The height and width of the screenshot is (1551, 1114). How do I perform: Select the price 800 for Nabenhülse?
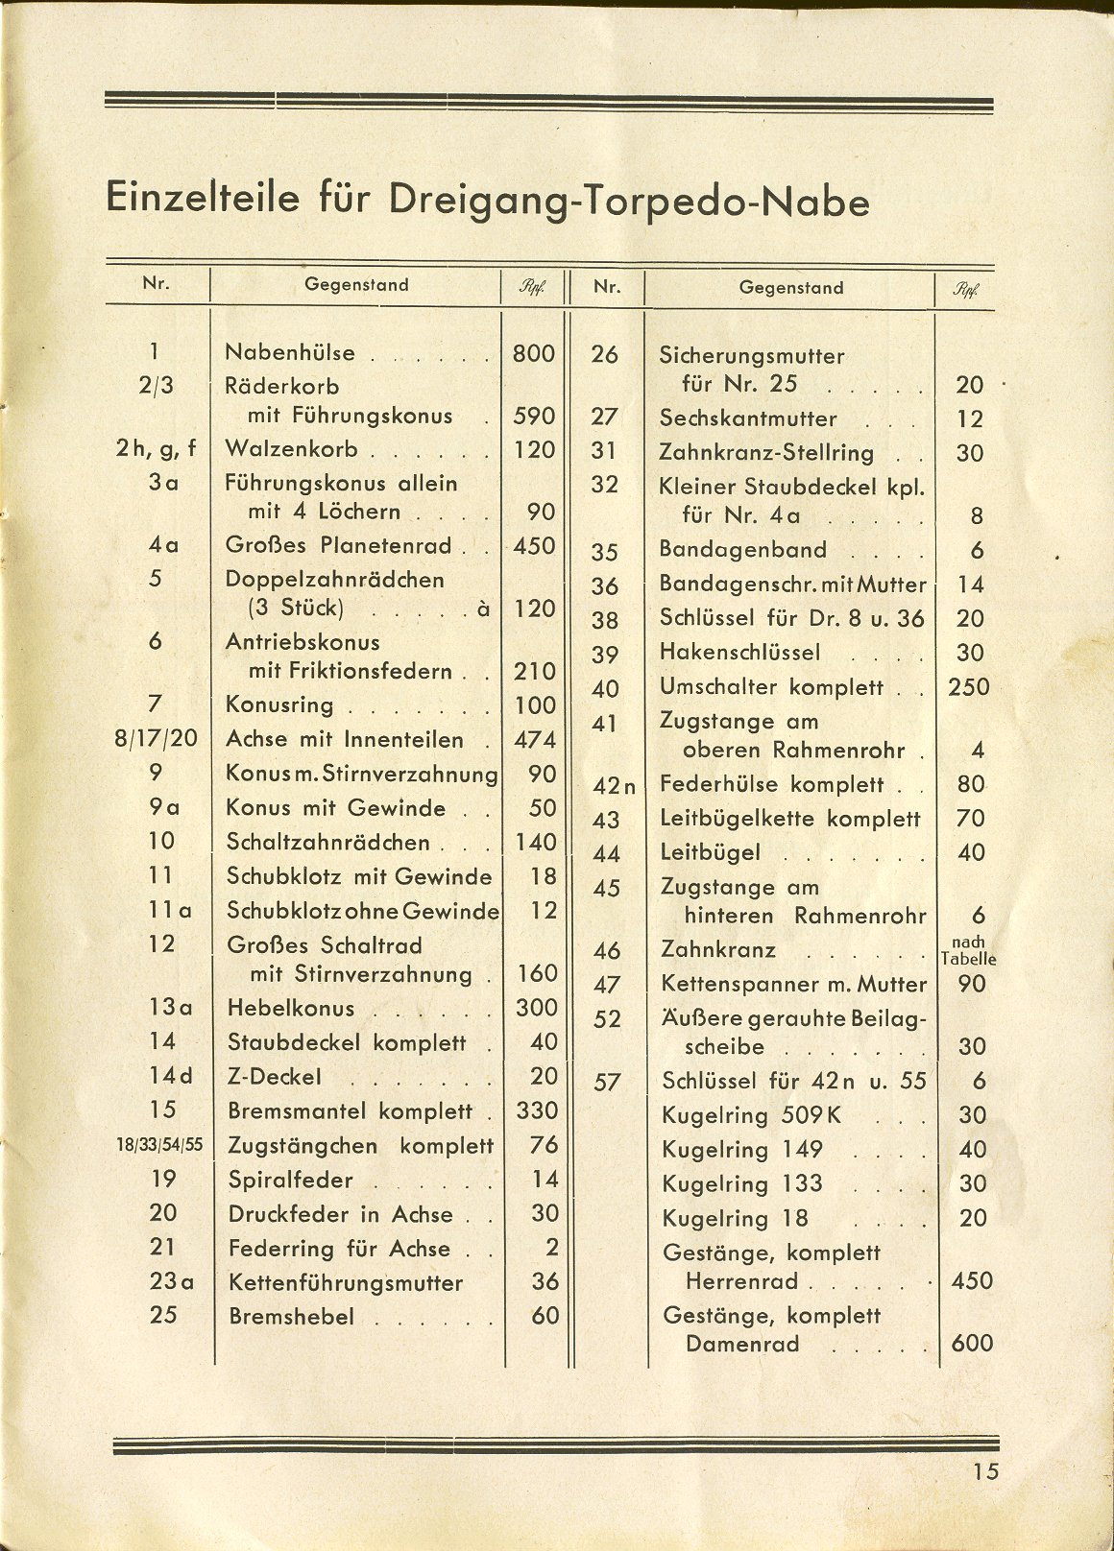click(x=534, y=353)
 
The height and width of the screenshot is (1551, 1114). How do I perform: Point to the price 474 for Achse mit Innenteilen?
click(x=534, y=740)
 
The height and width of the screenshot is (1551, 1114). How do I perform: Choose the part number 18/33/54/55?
click(x=161, y=1146)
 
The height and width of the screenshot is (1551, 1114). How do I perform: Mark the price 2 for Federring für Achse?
click(x=550, y=1248)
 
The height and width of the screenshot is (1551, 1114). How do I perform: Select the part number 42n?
click(x=615, y=787)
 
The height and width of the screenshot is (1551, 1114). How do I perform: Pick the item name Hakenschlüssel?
click(x=739, y=653)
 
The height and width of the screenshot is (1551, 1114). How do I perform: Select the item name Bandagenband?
click(x=742, y=550)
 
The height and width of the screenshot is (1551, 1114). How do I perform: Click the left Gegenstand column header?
click(x=356, y=285)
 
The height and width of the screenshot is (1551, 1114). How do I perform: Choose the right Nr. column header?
click(x=606, y=287)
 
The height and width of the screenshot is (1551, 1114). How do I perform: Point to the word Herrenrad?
click(x=742, y=1282)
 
